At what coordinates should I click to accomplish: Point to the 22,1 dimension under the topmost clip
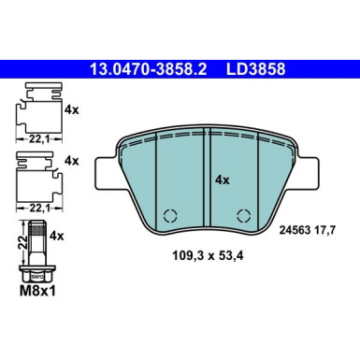[36, 137]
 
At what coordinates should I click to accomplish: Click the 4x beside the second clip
[70, 160]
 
